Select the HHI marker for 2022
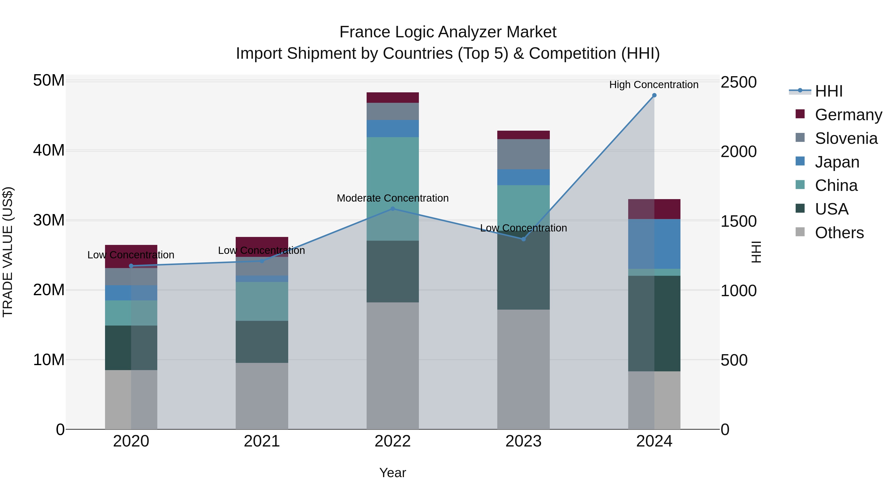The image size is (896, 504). pyautogui.click(x=393, y=209)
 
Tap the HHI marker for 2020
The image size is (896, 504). pyautogui.click(x=131, y=266)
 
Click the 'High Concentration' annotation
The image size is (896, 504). pyautogui.click(x=654, y=85)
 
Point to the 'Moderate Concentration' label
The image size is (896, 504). pyautogui.click(x=393, y=198)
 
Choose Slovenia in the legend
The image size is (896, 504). pyautogui.click(x=846, y=138)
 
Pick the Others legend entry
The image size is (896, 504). pyautogui.click(x=839, y=233)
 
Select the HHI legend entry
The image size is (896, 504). pyautogui.click(x=829, y=91)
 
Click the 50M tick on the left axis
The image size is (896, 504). pyautogui.click(x=49, y=81)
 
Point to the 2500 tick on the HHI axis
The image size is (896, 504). pyautogui.click(x=738, y=82)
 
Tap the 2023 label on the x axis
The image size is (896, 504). pyautogui.click(x=523, y=441)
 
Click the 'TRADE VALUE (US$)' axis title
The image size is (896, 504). pyautogui.click(x=8, y=252)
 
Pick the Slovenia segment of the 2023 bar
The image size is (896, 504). pyautogui.click(x=523, y=154)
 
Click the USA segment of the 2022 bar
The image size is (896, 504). pyautogui.click(x=393, y=271)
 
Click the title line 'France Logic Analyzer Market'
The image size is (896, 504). pyautogui.click(x=448, y=32)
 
